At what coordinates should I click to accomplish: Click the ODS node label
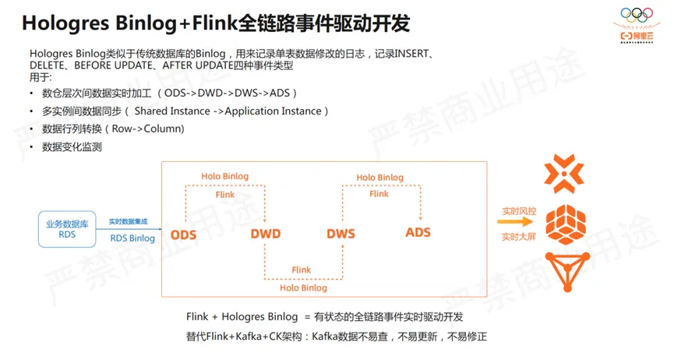coord(185,234)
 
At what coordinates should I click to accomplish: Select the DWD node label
coord(265,234)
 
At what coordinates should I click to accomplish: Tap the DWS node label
coord(341,234)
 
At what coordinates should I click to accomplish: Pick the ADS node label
coord(418,232)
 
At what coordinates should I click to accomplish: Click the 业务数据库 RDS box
coord(67,229)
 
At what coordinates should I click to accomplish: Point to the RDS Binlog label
coord(132,238)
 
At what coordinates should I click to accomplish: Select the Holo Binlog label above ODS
coord(224,176)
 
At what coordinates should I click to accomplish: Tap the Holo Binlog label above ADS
coord(379,178)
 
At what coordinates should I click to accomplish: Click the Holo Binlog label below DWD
coord(303,288)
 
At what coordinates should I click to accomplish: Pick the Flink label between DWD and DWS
coord(302,270)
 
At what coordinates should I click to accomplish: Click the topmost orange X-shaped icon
coord(565,174)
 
